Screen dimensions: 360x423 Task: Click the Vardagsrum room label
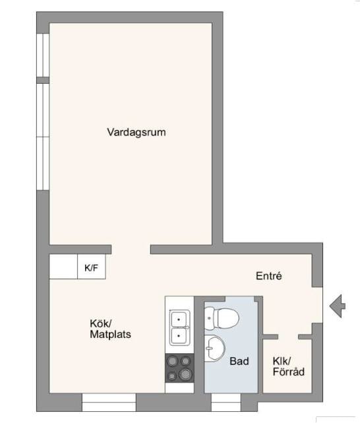click(x=136, y=132)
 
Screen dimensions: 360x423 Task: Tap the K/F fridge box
click(x=92, y=267)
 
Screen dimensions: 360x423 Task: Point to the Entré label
click(x=269, y=275)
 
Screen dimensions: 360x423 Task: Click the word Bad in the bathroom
click(x=239, y=361)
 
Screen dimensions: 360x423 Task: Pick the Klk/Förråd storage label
click(x=289, y=366)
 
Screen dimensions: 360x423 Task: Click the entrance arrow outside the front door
click(x=338, y=306)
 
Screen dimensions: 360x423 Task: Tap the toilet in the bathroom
click(x=222, y=318)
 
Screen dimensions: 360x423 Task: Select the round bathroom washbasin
click(x=215, y=349)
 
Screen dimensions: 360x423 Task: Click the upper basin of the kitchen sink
click(x=179, y=319)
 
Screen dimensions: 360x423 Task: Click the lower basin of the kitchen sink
click(x=179, y=336)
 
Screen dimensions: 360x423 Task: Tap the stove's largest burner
click(x=185, y=374)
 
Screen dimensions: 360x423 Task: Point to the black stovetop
click(x=179, y=368)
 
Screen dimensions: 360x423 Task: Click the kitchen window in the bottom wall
click(x=109, y=402)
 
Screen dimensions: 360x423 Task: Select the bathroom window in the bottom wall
click(x=226, y=402)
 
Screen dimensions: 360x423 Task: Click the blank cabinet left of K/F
click(x=63, y=267)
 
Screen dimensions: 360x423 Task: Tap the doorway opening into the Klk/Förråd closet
click(x=288, y=337)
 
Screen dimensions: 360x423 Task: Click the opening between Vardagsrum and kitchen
click(x=131, y=249)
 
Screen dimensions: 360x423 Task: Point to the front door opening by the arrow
click(x=317, y=305)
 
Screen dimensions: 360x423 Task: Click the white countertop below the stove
click(x=179, y=387)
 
